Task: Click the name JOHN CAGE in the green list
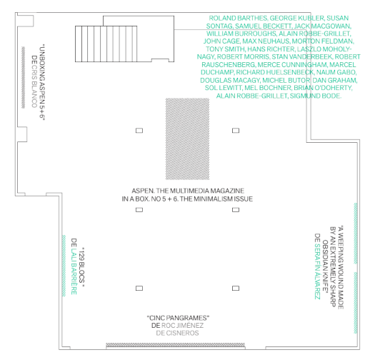coord(221,41)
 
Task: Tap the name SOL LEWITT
coord(223,88)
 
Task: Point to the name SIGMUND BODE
coord(315,96)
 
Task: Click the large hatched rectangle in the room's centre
coord(187,139)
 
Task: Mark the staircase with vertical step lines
coord(106,44)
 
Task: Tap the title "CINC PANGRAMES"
coord(178,318)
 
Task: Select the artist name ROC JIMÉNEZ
coord(182,326)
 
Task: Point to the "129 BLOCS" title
coord(81,265)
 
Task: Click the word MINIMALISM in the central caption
coord(209,199)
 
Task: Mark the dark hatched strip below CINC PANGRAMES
coord(175,344)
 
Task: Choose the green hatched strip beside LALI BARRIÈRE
coord(64,266)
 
